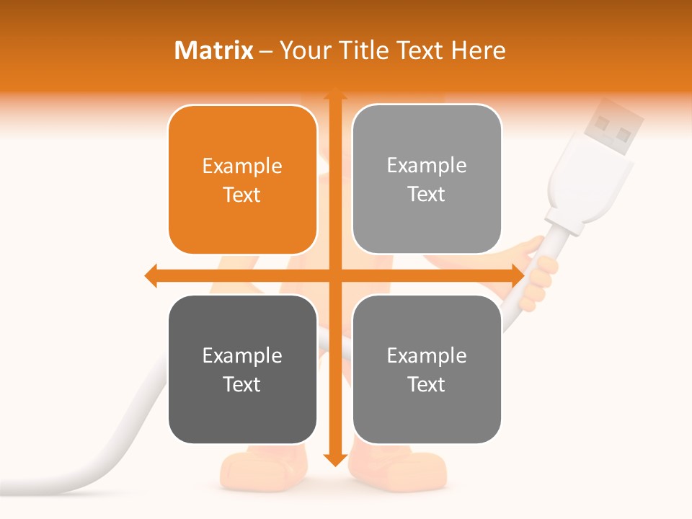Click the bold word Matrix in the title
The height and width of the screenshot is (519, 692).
click(x=213, y=50)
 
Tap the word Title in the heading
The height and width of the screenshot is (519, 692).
click(x=360, y=50)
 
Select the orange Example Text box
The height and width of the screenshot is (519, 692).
click(x=242, y=180)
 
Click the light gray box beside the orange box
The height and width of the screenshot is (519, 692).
click(x=427, y=179)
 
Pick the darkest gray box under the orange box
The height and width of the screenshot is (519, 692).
click(x=242, y=370)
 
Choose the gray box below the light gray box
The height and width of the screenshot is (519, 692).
click(x=427, y=370)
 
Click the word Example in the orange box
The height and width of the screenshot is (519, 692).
click(x=242, y=167)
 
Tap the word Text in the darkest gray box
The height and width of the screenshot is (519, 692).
click(x=242, y=384)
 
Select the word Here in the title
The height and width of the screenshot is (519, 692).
click(x=479, y=50)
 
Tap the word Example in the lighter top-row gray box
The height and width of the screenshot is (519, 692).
click(x=427, y=166)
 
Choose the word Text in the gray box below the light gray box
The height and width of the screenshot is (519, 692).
click(x=427, y=384)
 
